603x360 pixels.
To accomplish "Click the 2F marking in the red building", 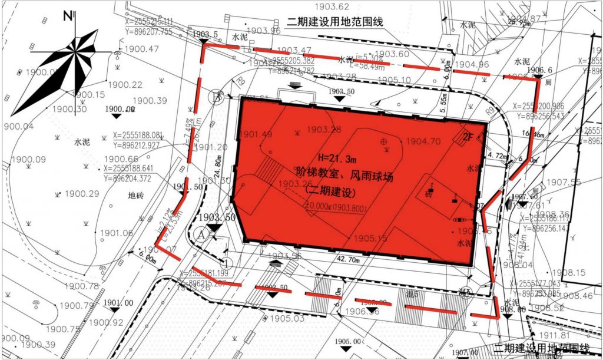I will (x=468, y=137).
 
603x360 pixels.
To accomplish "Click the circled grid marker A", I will (x=202, y=233).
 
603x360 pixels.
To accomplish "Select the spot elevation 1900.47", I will (x=141, y=49).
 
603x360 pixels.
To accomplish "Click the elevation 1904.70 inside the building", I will (x=423, y=141).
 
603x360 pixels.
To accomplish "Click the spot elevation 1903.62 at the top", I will (x=332, y=7).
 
